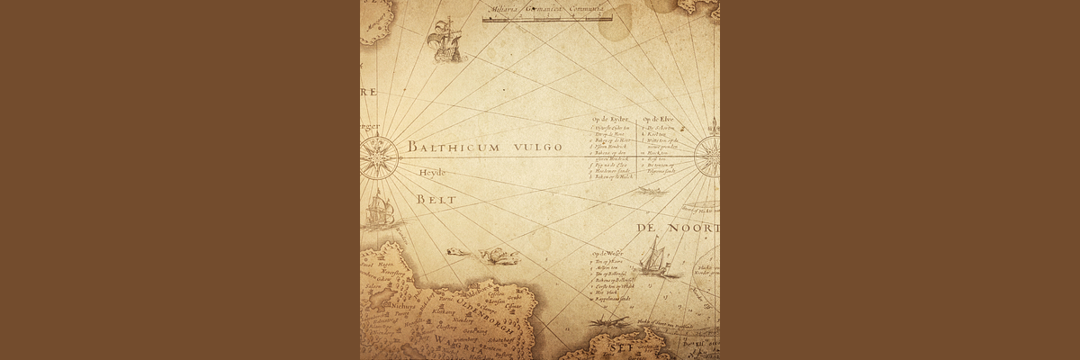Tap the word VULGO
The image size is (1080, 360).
tap(532, 147)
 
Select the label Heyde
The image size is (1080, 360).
tap(432, 172)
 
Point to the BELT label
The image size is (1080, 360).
tap(436, 198)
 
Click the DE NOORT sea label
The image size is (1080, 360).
tap(678, 229)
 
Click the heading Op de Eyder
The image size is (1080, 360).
tap(610, 120)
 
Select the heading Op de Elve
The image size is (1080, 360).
tap(658, 120)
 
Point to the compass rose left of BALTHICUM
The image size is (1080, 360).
tap(380, 156)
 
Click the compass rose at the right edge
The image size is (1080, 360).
tap(709, 155)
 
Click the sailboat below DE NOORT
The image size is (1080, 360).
tap(653, 258)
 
